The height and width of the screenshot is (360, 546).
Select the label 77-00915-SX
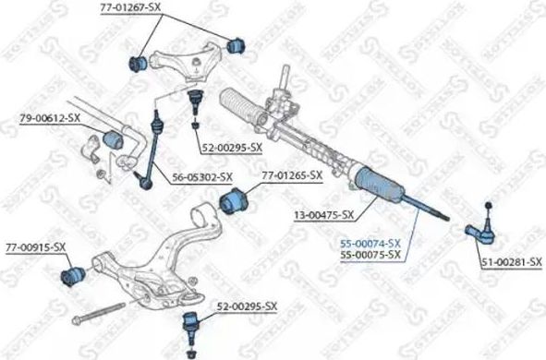(36, 246)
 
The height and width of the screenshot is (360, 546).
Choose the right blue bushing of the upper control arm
(234, 42)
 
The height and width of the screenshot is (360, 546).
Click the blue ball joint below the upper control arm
(195, 99)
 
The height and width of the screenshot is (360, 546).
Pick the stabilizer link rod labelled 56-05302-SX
(152, 148)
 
